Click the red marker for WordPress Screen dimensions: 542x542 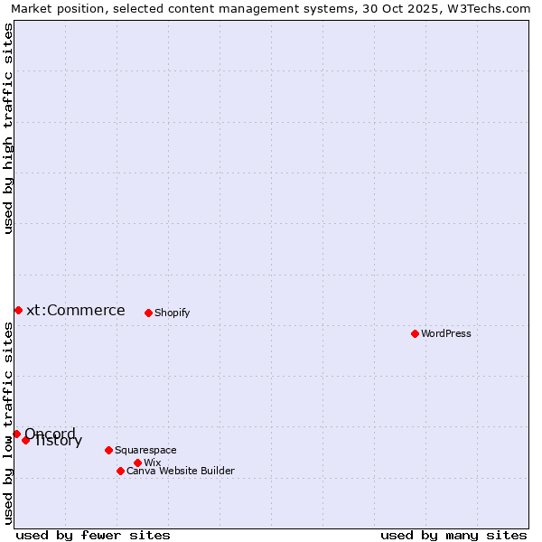click(x=415, y=333)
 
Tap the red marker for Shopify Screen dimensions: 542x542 click(x=148, y=313)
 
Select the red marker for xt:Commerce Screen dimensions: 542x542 click(x=18, y=310)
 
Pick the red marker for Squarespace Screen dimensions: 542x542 click(x=108, y=450)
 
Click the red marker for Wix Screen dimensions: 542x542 click(x=137, y=463)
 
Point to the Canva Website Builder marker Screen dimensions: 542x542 click(x=120, y=471)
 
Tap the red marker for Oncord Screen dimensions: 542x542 click(x=16, y=434)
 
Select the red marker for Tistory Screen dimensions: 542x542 click(x=26, y=440)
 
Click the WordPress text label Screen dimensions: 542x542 click(x=446, y=333)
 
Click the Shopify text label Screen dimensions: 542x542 click(x=173, y=313)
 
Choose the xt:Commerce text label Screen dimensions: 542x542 click(x=76, y=310)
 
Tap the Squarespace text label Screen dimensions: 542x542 click(x=145, y=450)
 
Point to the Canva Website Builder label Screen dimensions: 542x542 click(x=181, y=471)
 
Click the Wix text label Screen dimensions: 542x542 click(x=153, y=463)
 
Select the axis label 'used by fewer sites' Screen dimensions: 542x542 click(x=93, y=535)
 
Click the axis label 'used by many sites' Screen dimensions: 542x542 click(x=453, y=535)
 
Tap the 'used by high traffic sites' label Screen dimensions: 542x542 click(x=9, y=129)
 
